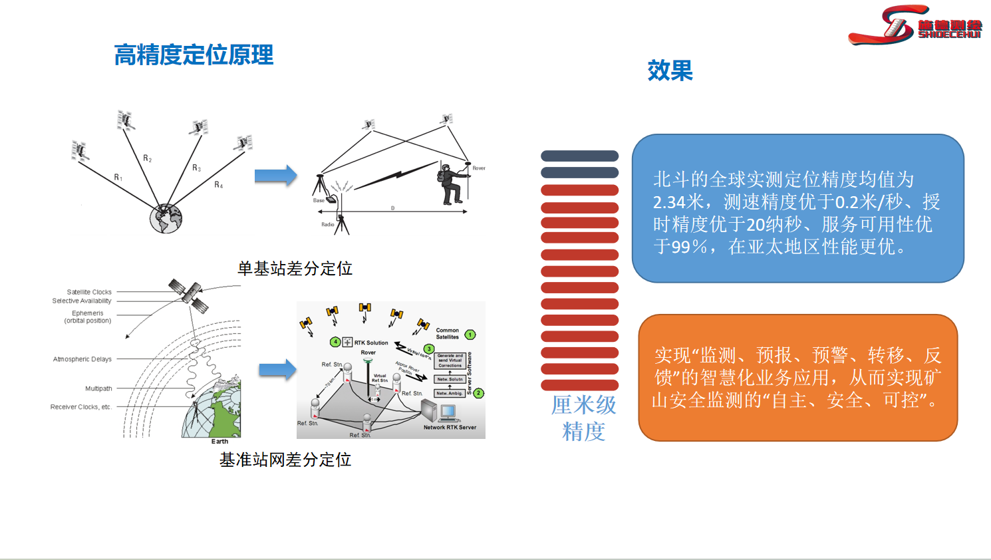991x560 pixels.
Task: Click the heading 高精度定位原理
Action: (x=194, y=55)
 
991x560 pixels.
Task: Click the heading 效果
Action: (x=670, y=70)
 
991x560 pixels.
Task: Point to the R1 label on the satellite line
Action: (x=118, y=178)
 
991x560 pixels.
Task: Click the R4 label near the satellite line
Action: (x=219, y=185)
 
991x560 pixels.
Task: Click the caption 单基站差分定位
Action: (x=295, y=269)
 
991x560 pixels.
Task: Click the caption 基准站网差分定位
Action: (x=285, y=460)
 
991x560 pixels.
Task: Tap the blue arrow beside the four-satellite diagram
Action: (x=275, y=176)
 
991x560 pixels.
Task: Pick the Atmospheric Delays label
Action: (x=82, y=359)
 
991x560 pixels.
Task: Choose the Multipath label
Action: (x=98, y=388)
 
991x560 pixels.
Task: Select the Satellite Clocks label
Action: (x=89, y=292)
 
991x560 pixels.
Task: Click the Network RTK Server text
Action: (x=450, y=427)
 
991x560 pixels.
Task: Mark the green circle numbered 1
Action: (x=470, y=335)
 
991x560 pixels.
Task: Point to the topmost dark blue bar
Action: (x=579, y=156)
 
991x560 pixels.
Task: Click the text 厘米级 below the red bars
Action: (x=583, y=405)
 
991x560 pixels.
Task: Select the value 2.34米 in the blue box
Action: (x=678, y=202)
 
